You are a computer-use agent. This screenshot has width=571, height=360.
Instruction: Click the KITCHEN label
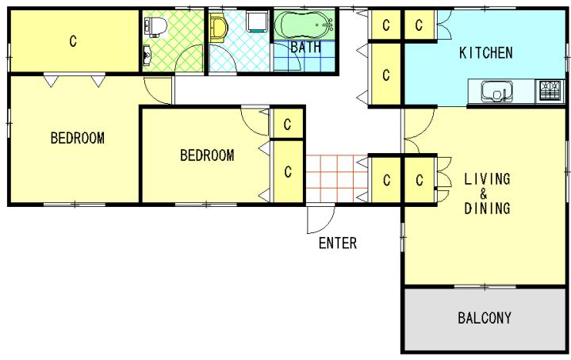[x=486, y=53]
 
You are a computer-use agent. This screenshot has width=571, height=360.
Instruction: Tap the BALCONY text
[x=485, y=318]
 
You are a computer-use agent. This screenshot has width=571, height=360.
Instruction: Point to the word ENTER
[x=338, y=243]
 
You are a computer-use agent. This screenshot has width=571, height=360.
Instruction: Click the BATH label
[x=306, y=47]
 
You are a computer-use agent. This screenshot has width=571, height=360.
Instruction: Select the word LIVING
[x=487, y=179]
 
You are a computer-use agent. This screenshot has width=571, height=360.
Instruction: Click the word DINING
[x=487, y=209]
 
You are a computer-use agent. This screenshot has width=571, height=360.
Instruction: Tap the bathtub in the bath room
[x=304, y=25]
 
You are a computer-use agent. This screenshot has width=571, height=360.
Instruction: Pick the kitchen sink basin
[x=496, y=91]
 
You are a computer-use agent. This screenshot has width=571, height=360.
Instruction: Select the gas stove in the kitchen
[x=550, y=91]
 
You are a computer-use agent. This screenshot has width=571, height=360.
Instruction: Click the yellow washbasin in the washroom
[x=218, y=29]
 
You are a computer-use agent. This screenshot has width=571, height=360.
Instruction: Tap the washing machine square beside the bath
[x=258, y=21]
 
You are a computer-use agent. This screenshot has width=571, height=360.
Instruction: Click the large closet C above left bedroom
[x=74, y=40]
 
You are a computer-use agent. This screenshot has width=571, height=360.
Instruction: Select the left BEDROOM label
[x=77, y=138]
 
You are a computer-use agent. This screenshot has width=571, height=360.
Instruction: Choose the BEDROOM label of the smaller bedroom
[x=207, y=155]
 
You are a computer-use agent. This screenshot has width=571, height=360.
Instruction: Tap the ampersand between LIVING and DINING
[x=483, y=193]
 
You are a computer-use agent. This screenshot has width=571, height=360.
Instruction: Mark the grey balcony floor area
[x=485, y=320]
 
